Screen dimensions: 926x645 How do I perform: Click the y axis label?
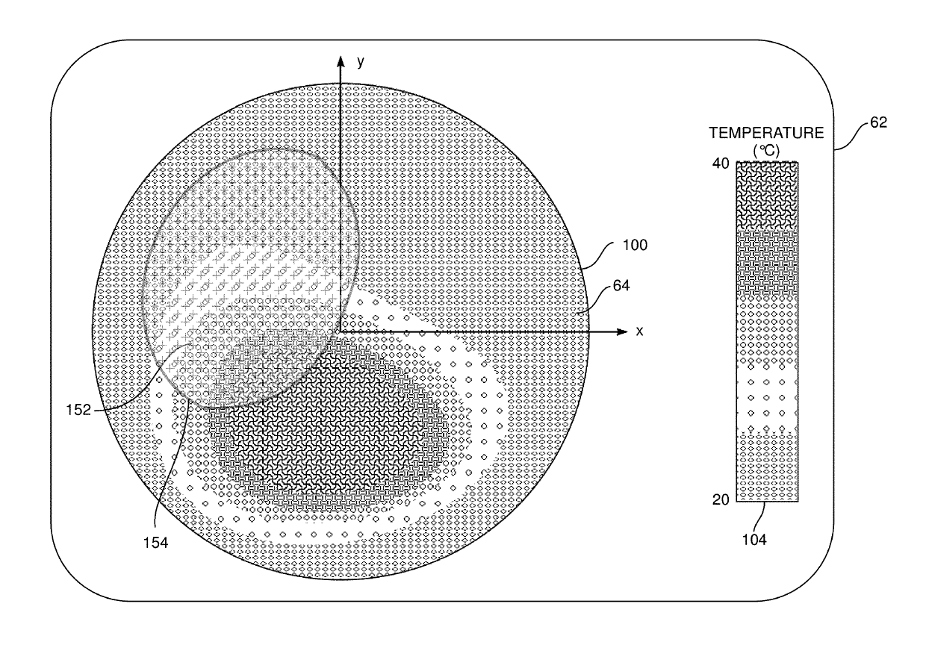pyautogui.click(x=361, y=63)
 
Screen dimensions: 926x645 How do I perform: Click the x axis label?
pyautogui.click(x=639, y=331)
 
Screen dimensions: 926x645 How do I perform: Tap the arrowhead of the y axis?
pyautogui.click(x=341, y=60)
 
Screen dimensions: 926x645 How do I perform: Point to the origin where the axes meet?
pyautogui.click(x=341, y=331)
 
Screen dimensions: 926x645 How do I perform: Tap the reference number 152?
pyautogui.click(x=78, y=409)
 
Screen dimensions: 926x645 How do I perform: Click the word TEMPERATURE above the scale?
pyautogui.click(x=766, y=134)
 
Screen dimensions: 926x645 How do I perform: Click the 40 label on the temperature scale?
pyautogui.click(x=721, y=163)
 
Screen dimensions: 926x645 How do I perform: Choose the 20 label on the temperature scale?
pyautogui.click(x=721, y=501)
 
